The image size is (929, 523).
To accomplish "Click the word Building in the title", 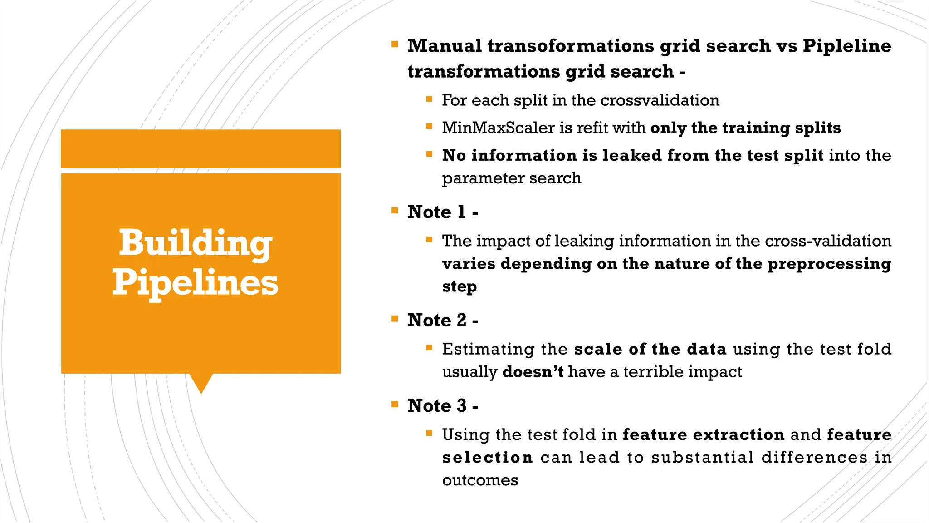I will click(x=195, y=243).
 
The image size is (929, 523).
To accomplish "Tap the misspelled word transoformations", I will click(x=569, y=46).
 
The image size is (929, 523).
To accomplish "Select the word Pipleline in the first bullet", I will click(x=846, y=46).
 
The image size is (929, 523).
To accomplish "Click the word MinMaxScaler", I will click(x=498, y=128).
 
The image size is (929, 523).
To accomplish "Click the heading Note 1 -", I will click(x=442, y=212).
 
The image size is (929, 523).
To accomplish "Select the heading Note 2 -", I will click(x=442, y=321).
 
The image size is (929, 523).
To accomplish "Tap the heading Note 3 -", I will click(x=442, y=406).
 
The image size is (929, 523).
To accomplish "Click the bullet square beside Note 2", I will click(x=395, y=319).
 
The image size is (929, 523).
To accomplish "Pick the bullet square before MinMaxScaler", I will click(x=429, y=127).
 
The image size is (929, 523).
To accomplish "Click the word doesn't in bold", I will click(x=533, y=372).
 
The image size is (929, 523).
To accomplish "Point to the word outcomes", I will click(x=480, y=480).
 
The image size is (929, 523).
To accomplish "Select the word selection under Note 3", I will click(x=487, y=458).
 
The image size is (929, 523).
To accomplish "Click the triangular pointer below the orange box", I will click(x=201, y=382).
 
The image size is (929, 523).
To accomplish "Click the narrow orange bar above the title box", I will click(x=200, y=148).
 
